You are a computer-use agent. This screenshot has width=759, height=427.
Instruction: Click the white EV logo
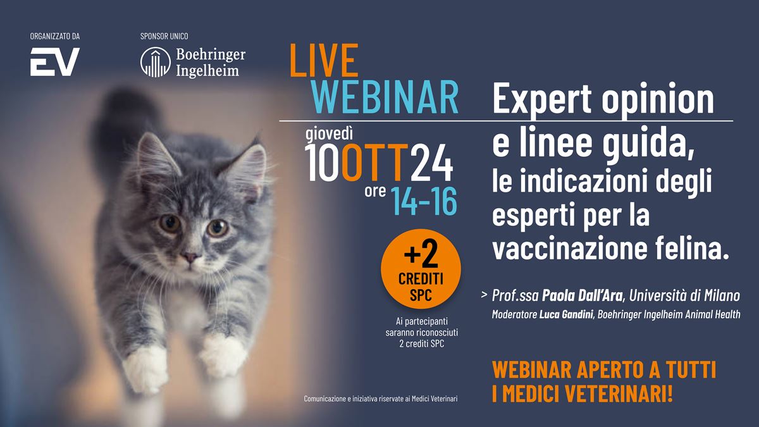pyautogui.click(x=54, y=62)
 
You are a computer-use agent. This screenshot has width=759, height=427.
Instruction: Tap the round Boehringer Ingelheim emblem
pyautogui.click(x=156, y=62)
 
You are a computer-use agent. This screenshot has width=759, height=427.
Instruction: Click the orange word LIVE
pyautogui.click(x=324, y=60)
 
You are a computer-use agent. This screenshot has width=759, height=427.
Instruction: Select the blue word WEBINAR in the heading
pyautogui.click(x=385, y=97)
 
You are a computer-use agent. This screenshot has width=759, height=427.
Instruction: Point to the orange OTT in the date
pyautogui.click(x=374, y=163)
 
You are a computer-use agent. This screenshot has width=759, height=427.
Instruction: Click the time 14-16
pyautogui.click(x=424, y=201)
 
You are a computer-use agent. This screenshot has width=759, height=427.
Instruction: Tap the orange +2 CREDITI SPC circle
pyautogui.click(x=421, y=269)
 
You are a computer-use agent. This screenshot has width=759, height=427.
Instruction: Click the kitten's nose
pyautogui.click(x=190, y=257)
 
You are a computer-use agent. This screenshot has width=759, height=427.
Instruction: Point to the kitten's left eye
pyautogui.click(x=217, y=228)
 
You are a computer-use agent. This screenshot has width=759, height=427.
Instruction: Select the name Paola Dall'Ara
pyautogui.click(x=582, y=296)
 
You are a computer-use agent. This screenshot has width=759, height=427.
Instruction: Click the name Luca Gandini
pyautogui.click(x=566, y=314)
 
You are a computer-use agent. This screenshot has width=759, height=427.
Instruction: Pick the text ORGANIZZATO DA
pyautogui.click(x=55, y=36)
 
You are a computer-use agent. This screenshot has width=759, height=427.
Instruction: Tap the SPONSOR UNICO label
pyautogui.click(x=164, y=36)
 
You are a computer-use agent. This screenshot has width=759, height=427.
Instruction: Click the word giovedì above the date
pyautogui.click(x=329, y=133)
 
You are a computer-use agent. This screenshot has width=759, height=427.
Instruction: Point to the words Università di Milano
pyautogui.click(x=684, y=296)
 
